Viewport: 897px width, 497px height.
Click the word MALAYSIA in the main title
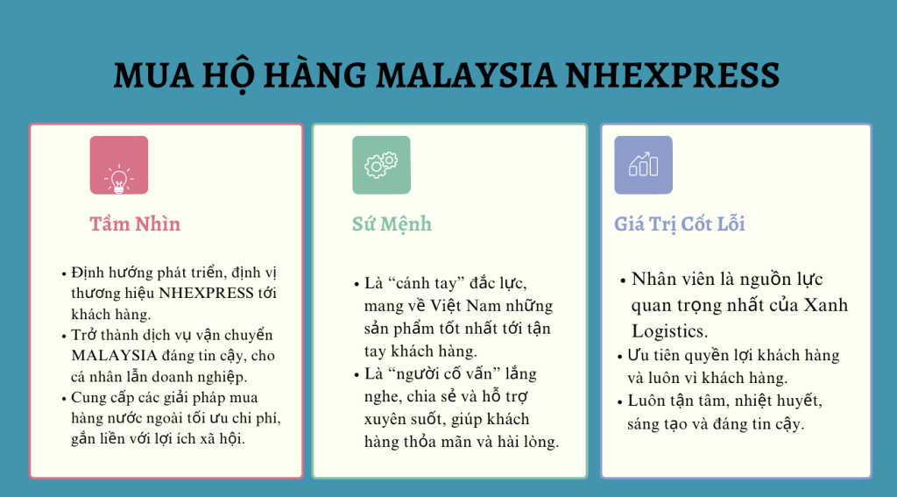coord(466,75)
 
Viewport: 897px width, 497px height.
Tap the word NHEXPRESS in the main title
coord(673,75)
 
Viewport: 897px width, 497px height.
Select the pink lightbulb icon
coord(119,165)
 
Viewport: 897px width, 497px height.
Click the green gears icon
coord(381,165)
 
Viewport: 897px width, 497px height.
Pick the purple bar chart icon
coord(644,165)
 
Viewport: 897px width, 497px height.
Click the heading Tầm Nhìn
coord(135,224)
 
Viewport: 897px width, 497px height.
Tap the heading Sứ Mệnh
coord(392,224)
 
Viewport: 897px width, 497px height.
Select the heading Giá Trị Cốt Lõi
coord(680,224)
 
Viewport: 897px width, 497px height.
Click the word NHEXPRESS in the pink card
coord(206,293)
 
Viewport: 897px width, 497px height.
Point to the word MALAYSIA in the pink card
coord(115,356)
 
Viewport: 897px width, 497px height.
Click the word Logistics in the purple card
coord(669,331)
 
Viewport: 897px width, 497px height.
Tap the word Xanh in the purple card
coord(826,305)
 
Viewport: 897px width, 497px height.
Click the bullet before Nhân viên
coord(623,281)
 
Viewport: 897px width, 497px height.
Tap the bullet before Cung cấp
coord(63,399)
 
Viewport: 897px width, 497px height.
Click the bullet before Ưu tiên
coord(619,357)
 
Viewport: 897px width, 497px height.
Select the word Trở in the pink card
coord(82,335)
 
